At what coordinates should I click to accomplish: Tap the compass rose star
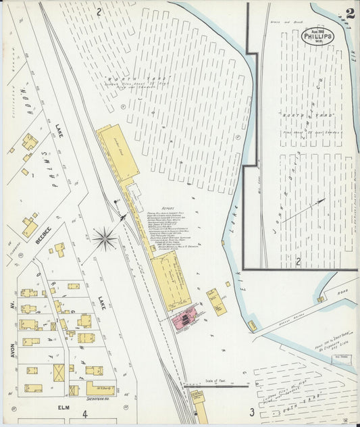105,237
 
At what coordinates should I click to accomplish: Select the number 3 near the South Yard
251,411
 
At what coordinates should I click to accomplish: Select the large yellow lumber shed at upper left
119,152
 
